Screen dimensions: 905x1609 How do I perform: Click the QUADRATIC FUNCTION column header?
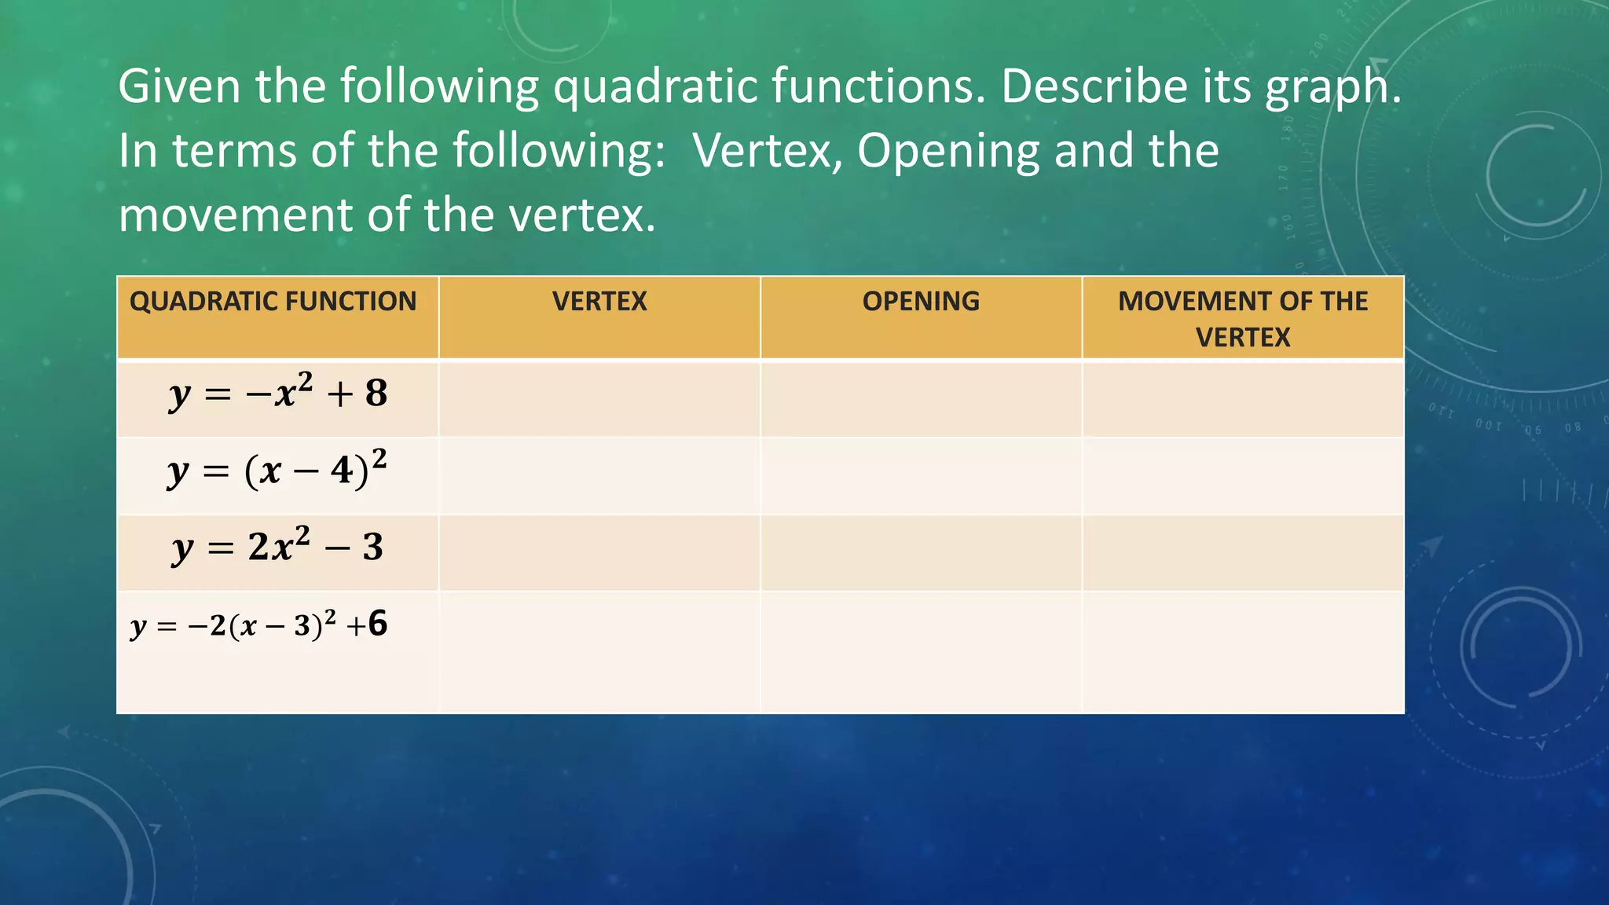coord(273,302)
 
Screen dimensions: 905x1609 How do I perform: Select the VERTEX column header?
coord(599,302)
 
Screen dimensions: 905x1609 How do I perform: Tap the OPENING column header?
coord(921,302)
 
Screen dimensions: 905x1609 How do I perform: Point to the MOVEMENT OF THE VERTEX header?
coord(1243,319)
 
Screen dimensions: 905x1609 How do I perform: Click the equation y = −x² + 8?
coord(278,394)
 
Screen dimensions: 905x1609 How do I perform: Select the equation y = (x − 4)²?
coord(277,471)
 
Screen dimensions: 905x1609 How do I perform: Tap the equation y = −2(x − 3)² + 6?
coord(259,625)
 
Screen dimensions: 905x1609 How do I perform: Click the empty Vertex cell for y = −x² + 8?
coord(599,398)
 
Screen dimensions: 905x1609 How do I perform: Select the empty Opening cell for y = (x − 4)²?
coord(921,475)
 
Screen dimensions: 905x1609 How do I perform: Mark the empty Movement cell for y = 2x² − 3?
coord(1243,552)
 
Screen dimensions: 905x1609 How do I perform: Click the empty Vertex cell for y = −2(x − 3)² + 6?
coord(599,652)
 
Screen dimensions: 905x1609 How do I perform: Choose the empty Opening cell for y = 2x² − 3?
coord(921,552)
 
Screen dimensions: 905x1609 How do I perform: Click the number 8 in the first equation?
coord(376,394)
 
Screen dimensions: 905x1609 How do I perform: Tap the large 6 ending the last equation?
coord(378,624)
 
